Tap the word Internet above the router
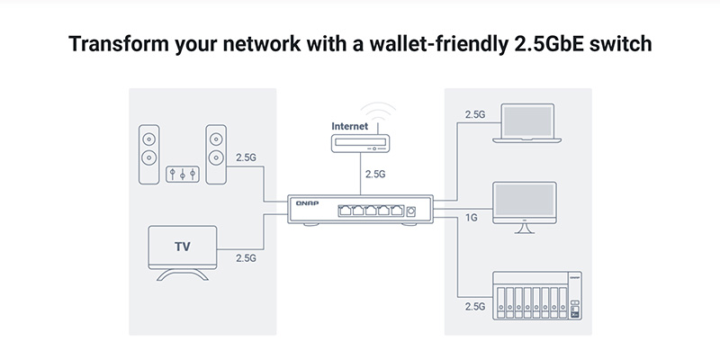click(350, 126)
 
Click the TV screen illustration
click(183, 245)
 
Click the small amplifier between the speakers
click(183, 172)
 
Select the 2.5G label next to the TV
click(246, 257)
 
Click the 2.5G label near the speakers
click(246, 157)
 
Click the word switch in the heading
click(618, 45)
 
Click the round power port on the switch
click(411, 211)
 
